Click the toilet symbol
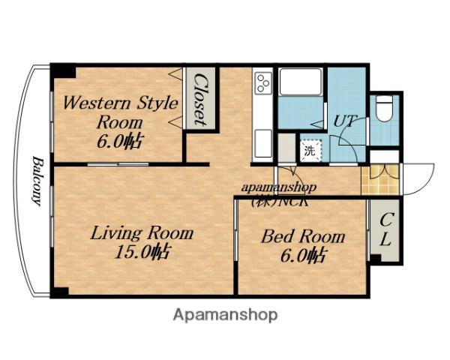coord(384,109)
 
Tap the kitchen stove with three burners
coord(263,83)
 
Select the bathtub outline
coord(301,82)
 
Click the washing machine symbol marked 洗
coord(310,151)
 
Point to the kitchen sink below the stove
coord(263,143)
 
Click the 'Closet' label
coord(200,99)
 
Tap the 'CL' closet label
coord(385,229)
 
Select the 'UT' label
coord(346,121)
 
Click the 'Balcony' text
coord(37,181)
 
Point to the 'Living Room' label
coord(142,233)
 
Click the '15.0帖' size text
coord(142,252)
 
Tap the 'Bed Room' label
coord(303,237)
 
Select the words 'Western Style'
coord(121,103)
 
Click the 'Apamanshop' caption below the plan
coord(225,315)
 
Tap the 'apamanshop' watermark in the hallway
coord(279,187)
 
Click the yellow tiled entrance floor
coord(380,179)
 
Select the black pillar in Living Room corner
coord(60,292)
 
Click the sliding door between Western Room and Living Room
coord(118,164)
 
